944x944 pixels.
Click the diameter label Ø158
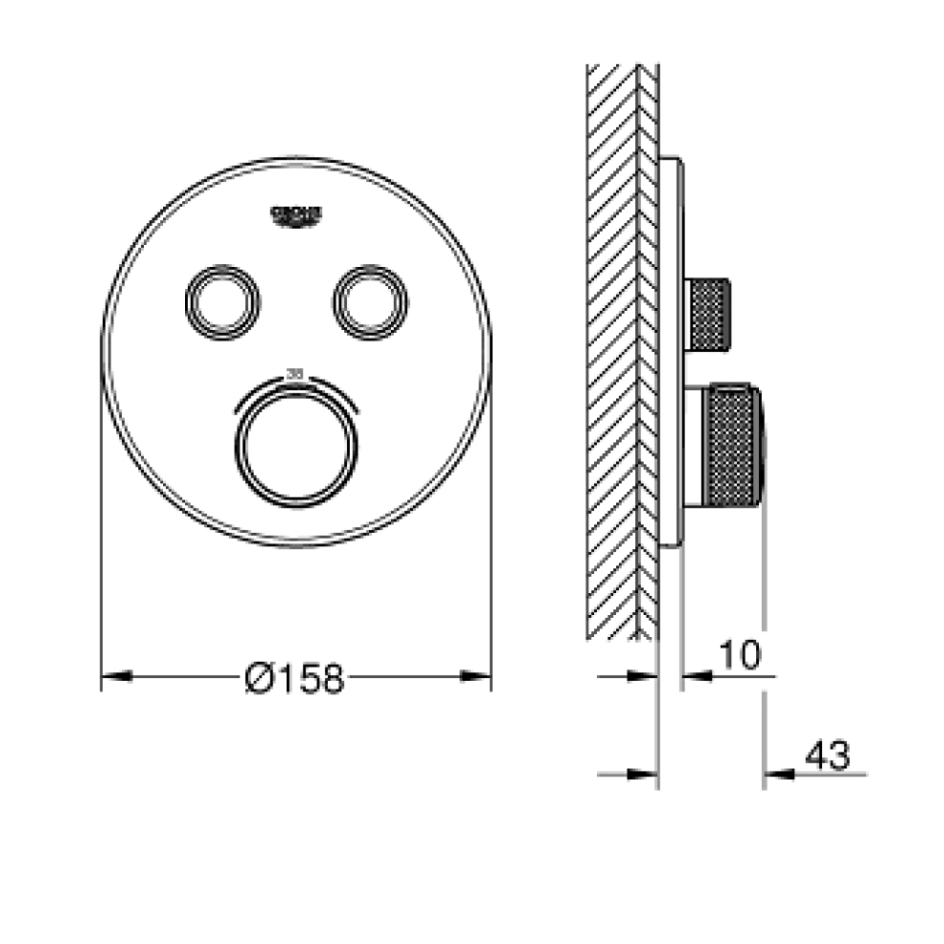[293, 678]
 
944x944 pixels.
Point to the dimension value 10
[738, 655]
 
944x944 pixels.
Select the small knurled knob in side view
[709, 314]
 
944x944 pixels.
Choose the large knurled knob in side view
[731, 446]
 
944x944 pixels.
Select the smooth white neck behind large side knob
[693, 446]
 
